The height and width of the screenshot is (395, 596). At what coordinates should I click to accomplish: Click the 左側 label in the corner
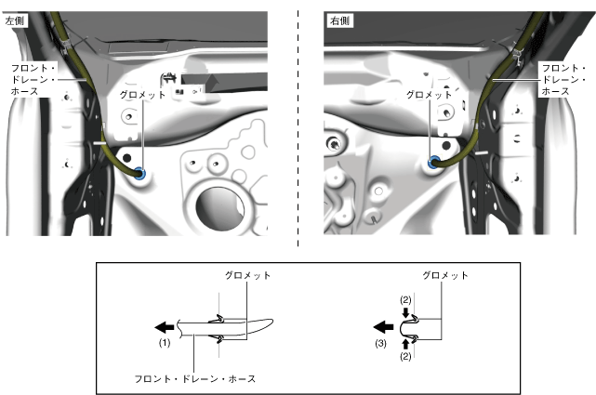[15, 20]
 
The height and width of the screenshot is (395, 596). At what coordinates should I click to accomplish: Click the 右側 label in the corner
[339, 20]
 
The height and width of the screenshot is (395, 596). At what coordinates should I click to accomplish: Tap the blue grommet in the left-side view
[140, 173]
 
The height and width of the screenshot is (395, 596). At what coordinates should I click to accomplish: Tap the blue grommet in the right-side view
[433, 163]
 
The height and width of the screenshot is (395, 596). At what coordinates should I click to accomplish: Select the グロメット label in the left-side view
[142, 95]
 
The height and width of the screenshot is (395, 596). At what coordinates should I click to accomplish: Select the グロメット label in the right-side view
[430, 95]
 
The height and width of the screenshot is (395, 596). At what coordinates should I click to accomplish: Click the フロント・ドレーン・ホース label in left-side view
[33, 79]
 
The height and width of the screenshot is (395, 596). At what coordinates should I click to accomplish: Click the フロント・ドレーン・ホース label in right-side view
[563, 79]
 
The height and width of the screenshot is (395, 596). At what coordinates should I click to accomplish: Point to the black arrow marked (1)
[165, 326]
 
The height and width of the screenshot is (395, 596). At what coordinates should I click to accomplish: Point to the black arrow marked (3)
[383, 326]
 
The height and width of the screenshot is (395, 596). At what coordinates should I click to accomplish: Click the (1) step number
[165, 343]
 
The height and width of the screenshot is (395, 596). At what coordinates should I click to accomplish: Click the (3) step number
[381, 343]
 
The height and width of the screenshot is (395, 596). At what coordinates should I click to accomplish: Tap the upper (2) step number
[405, 300]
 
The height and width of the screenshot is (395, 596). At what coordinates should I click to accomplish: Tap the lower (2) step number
[405, 356]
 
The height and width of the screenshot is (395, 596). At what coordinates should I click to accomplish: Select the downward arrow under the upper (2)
[405, 312]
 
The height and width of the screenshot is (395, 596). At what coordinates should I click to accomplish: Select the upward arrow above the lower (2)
[405, 344]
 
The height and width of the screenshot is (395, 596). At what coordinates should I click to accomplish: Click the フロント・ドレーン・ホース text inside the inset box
[195, 378]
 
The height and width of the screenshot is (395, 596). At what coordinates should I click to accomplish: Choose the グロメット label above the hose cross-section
[247, 275]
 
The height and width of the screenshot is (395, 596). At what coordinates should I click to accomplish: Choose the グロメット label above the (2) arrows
[445, 275]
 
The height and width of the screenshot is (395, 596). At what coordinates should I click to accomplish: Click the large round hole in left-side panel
[219, 208]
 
